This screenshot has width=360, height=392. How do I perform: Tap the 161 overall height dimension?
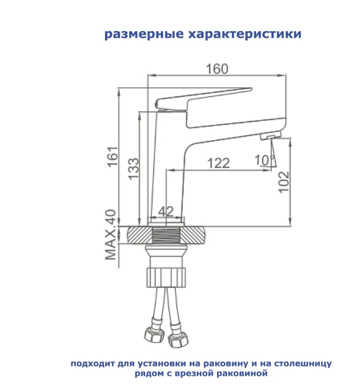tap(113, 157)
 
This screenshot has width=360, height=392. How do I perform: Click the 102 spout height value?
tap(284, 181)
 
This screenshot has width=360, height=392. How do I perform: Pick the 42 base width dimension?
tap(166, 211)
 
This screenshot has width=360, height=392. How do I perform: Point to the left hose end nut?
tap(151, 336)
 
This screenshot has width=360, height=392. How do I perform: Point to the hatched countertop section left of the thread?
tap(140, 235)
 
